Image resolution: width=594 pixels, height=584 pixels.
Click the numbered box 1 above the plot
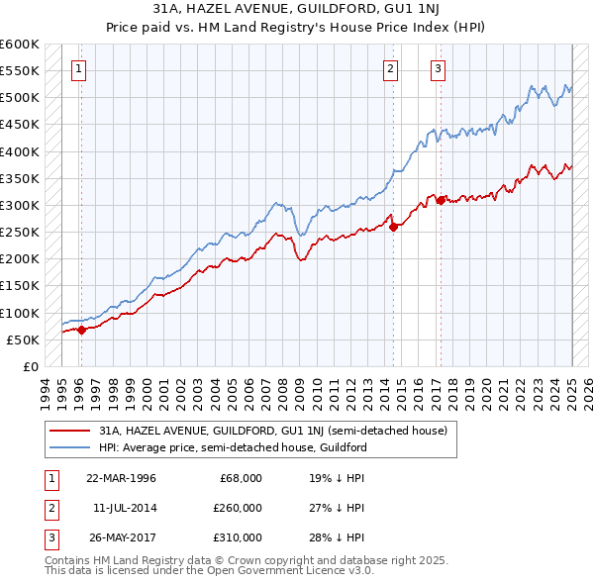78,69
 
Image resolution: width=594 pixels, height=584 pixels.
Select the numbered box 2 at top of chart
391,69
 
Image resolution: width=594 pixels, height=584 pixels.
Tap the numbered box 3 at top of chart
438,69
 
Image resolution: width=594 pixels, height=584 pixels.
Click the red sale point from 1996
82,331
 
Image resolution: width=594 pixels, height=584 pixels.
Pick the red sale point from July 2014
393,227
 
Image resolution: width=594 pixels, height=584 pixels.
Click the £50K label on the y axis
23,340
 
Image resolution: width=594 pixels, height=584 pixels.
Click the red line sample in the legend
71,432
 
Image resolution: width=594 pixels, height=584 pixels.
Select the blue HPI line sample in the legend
71,447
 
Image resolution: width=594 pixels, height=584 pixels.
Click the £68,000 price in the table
241,478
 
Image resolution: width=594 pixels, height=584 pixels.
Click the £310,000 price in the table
237,537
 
